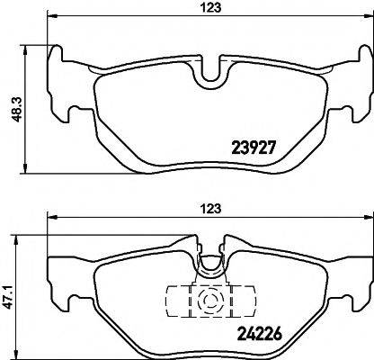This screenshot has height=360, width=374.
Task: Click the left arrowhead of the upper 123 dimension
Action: [49, 19]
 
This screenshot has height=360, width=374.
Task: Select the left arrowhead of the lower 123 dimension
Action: [49, 218]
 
